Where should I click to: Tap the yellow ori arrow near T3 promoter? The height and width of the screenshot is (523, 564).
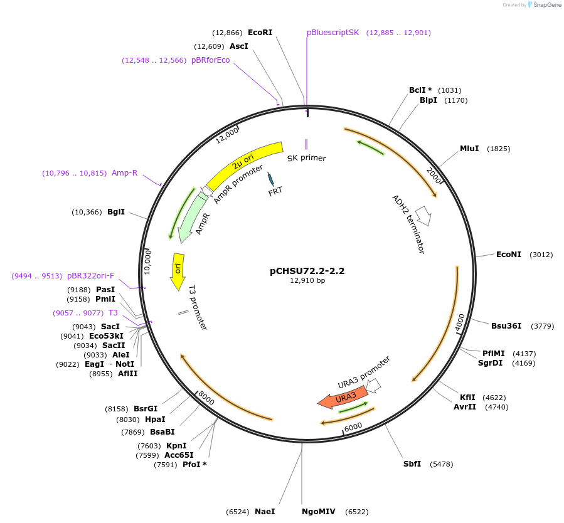178,270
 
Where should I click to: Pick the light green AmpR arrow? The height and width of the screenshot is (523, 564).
192,216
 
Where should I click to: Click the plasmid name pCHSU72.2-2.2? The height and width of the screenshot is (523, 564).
307,272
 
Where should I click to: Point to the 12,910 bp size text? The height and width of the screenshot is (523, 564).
307,281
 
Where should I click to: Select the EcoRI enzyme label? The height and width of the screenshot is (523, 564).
260,32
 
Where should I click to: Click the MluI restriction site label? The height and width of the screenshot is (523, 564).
469,149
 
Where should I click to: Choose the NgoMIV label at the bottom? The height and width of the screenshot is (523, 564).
319,512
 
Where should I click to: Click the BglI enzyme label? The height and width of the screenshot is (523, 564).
116,212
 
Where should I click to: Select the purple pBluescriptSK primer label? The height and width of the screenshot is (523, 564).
333,32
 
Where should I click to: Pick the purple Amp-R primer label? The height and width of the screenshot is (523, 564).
124,172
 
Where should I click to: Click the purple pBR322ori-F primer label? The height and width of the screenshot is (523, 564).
90,275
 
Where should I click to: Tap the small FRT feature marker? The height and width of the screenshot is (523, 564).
271,179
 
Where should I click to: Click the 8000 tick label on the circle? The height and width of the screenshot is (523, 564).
206,398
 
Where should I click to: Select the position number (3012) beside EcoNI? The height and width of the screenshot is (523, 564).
541,255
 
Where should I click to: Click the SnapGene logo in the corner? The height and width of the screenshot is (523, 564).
543,5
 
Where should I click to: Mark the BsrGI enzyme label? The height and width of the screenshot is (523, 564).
146,408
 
